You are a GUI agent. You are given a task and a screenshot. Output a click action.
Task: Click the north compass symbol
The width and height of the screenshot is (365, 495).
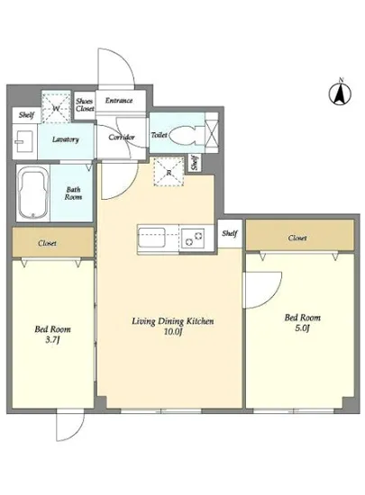click(x=341, y=92)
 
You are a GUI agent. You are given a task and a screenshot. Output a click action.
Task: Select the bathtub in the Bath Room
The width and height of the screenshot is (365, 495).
click(x=33, y=193)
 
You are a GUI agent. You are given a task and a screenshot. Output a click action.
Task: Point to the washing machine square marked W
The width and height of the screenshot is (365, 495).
click(x=56, y=108)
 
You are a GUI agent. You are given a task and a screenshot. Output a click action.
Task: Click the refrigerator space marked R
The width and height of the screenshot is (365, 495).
click(x=169, y=171)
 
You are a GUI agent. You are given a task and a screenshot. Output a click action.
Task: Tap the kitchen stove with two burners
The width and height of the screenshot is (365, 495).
click(x=193, y=238)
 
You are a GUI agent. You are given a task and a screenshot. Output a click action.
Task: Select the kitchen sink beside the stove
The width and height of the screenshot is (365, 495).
click(x=151, y=238)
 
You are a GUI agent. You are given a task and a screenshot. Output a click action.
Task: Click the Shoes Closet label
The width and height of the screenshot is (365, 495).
click(x=85, y=104)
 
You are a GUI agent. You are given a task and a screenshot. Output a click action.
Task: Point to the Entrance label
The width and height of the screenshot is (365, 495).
click(x=119, y=101)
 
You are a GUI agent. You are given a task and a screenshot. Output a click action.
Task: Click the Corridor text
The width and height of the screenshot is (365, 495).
click(x=122, y=138)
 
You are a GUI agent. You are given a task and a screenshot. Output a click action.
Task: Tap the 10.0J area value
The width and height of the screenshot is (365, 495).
click(x=174, y=332)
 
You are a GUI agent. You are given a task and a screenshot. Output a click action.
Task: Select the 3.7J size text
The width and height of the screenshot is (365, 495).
click(x=53, y=340)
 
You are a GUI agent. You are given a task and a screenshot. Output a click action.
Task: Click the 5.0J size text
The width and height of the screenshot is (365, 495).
click(x=302, y=328)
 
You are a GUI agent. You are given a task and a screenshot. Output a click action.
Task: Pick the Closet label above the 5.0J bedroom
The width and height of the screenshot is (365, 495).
click(x=297, y=238)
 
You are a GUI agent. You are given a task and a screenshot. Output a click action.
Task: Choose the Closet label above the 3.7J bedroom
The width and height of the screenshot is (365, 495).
click(x=47, y=243)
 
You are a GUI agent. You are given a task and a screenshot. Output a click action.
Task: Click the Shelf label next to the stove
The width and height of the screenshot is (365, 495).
click(x=230, y=233)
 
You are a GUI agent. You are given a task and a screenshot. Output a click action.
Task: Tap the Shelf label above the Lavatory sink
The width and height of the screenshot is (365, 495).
click(x=26, y=114)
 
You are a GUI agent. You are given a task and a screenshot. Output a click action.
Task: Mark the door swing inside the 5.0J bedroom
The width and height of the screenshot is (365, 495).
click(x=263, y=290)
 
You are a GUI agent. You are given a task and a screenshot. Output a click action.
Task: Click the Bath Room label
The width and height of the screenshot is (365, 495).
click(x=73, y=193)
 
